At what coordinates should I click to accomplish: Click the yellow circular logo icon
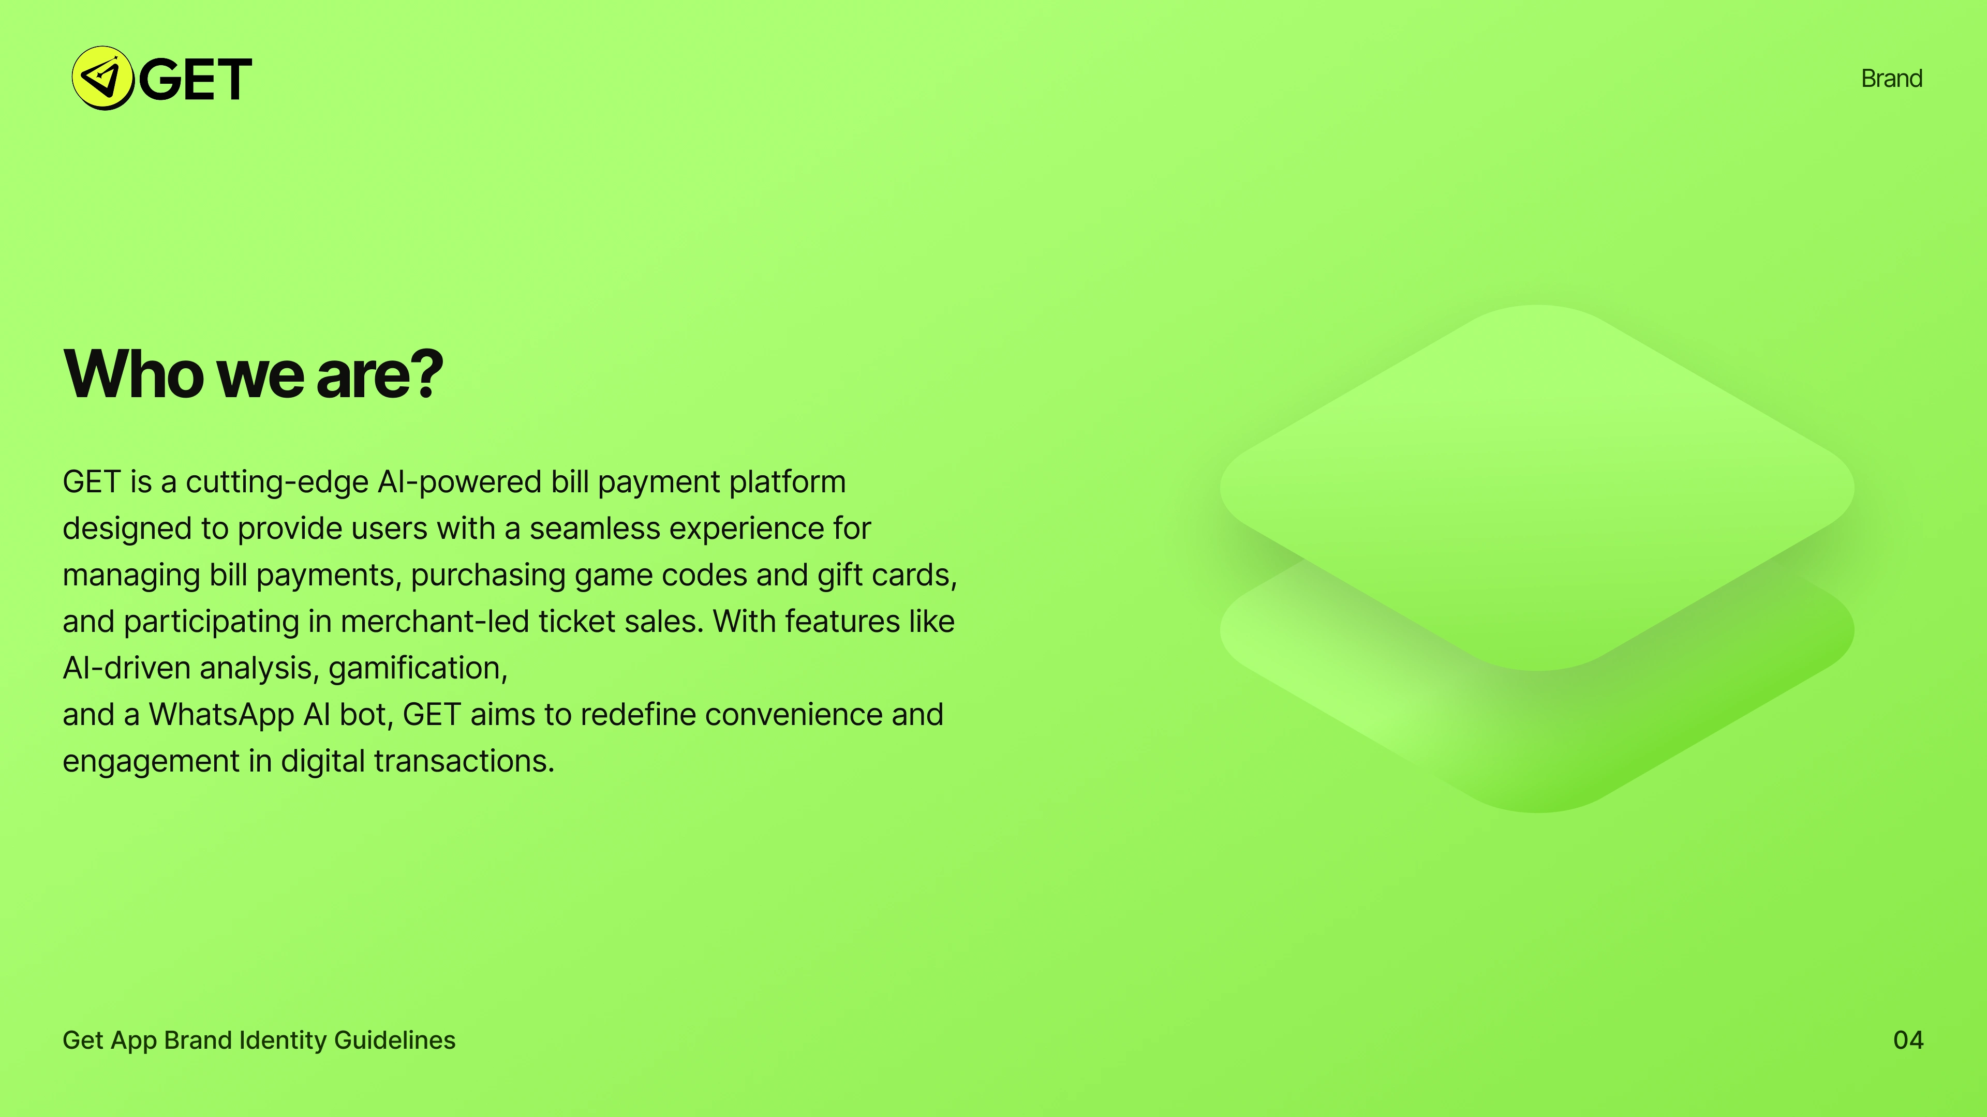click(x=102, y=78)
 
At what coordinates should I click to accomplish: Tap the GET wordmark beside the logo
click(x=195, y=80)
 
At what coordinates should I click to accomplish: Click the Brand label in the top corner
click(x=1891, y=79)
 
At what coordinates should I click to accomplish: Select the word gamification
click(x=417, y=668)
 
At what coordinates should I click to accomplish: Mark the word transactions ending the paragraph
click(x=463, y=761)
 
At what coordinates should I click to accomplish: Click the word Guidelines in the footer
click(x=394, y=1040)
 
